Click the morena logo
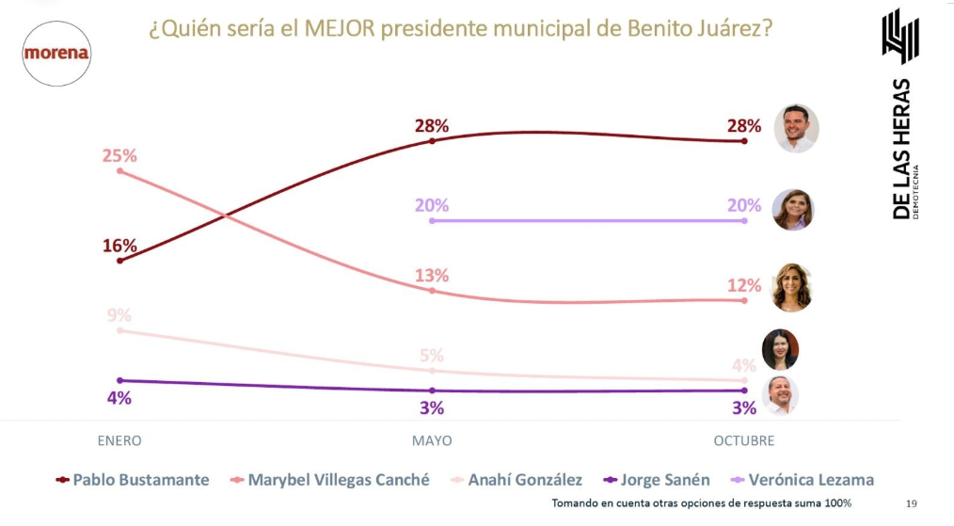point(56,54)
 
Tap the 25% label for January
point(119,154)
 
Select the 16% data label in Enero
point(119,246)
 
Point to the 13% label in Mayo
point(432,276)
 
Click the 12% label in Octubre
point(743,284)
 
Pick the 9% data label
point(119,315)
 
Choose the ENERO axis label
point(119,440)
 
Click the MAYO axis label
point(432,440)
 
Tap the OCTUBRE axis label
point(743,440)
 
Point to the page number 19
point(911,503)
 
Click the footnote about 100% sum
point(701,503)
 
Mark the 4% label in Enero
point(119,398)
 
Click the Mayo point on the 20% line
point(432,220)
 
